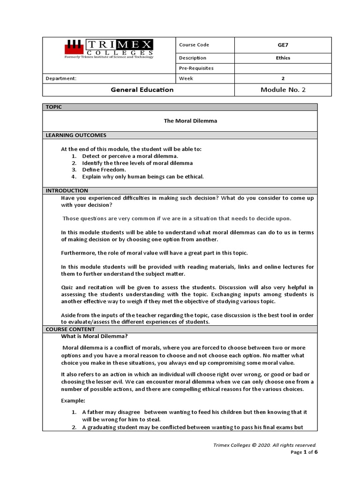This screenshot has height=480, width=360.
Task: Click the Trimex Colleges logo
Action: click(109, 49)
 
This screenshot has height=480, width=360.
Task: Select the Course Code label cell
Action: click(194, 45)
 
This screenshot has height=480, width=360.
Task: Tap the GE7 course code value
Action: click(283, 45)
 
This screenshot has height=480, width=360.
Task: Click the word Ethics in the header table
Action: click(283, 58)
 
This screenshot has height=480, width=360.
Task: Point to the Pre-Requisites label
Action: click(196, 68)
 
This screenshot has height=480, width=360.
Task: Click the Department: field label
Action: click(61, 79)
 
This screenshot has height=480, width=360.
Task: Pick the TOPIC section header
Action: click(54, 107)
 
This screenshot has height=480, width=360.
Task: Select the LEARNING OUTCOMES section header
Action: click(76, 135)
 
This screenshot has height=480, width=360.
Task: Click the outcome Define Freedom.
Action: click(104, 170)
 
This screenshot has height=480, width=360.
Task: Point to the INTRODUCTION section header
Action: click(67, 190)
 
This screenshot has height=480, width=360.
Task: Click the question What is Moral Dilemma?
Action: click(95, 336)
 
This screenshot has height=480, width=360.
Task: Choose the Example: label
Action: click(73, 401)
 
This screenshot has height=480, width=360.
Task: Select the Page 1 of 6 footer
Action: click(304, 452)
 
